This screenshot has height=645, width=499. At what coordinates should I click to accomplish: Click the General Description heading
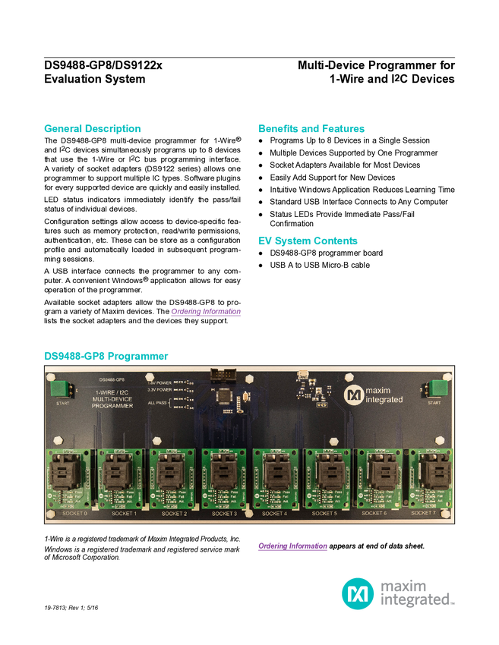pos(93,129)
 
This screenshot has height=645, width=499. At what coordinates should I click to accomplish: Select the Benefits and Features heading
pos(311,129)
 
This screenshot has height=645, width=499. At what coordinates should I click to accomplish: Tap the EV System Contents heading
pos(308,241)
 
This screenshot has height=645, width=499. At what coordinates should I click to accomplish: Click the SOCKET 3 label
pos(224,514)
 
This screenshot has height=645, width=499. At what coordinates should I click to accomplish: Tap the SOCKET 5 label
pos(325,514)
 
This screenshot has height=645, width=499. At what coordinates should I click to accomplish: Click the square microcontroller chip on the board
pos(225,395)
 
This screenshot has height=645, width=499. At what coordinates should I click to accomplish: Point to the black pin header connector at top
pos(224,375)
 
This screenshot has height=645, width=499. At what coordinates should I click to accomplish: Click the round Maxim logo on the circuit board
pos(354,395)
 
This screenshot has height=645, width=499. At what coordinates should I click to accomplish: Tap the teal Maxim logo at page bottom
pos(357,593)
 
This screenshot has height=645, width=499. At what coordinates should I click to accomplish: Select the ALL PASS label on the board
pos(158,402)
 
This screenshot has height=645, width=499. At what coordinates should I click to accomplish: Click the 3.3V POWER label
pos(159,389)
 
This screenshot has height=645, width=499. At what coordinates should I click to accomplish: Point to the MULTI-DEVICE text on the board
pos(113,398)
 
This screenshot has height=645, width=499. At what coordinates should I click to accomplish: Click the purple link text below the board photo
pos(292,547)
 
